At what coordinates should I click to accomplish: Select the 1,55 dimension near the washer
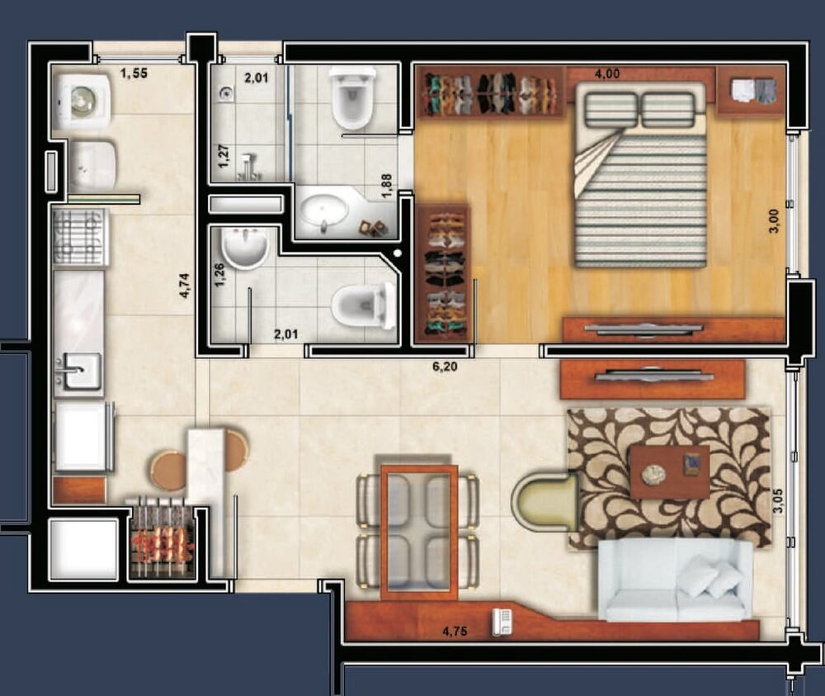(134, 74)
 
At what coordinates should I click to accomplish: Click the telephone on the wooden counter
(501, 622)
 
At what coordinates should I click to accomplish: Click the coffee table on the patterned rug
(669, 471)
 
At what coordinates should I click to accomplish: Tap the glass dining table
(419, 530)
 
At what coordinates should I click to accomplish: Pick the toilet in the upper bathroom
(352, 99)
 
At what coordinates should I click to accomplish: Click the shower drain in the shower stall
(226, 94)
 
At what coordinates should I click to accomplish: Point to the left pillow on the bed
(611, 110)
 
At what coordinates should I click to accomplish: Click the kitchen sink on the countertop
(78, 371)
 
